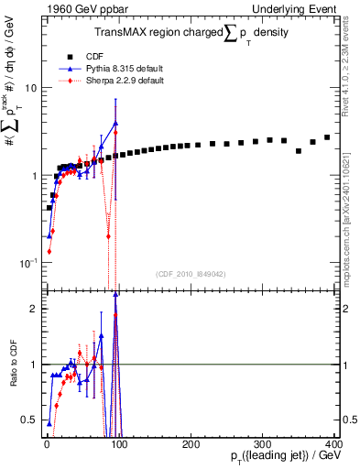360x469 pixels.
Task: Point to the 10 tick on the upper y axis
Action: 29,88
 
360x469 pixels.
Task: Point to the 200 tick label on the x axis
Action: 189,442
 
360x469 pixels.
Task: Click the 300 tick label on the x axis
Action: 262,442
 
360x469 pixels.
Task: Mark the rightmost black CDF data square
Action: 327,137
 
